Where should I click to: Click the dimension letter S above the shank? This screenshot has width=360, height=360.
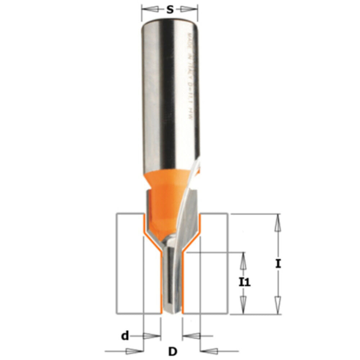(170, 10)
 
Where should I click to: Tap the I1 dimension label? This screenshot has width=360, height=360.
(245, 282)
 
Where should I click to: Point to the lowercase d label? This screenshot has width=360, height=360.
(125, 336)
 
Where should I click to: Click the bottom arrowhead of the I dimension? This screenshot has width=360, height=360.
(278, 305)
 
